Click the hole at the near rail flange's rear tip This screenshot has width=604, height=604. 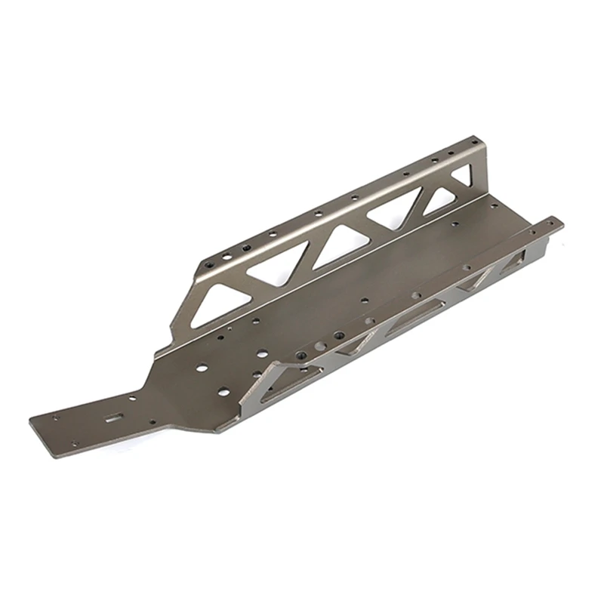(x=555, y=223)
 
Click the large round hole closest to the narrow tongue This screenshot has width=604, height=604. (x=202, y=368)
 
